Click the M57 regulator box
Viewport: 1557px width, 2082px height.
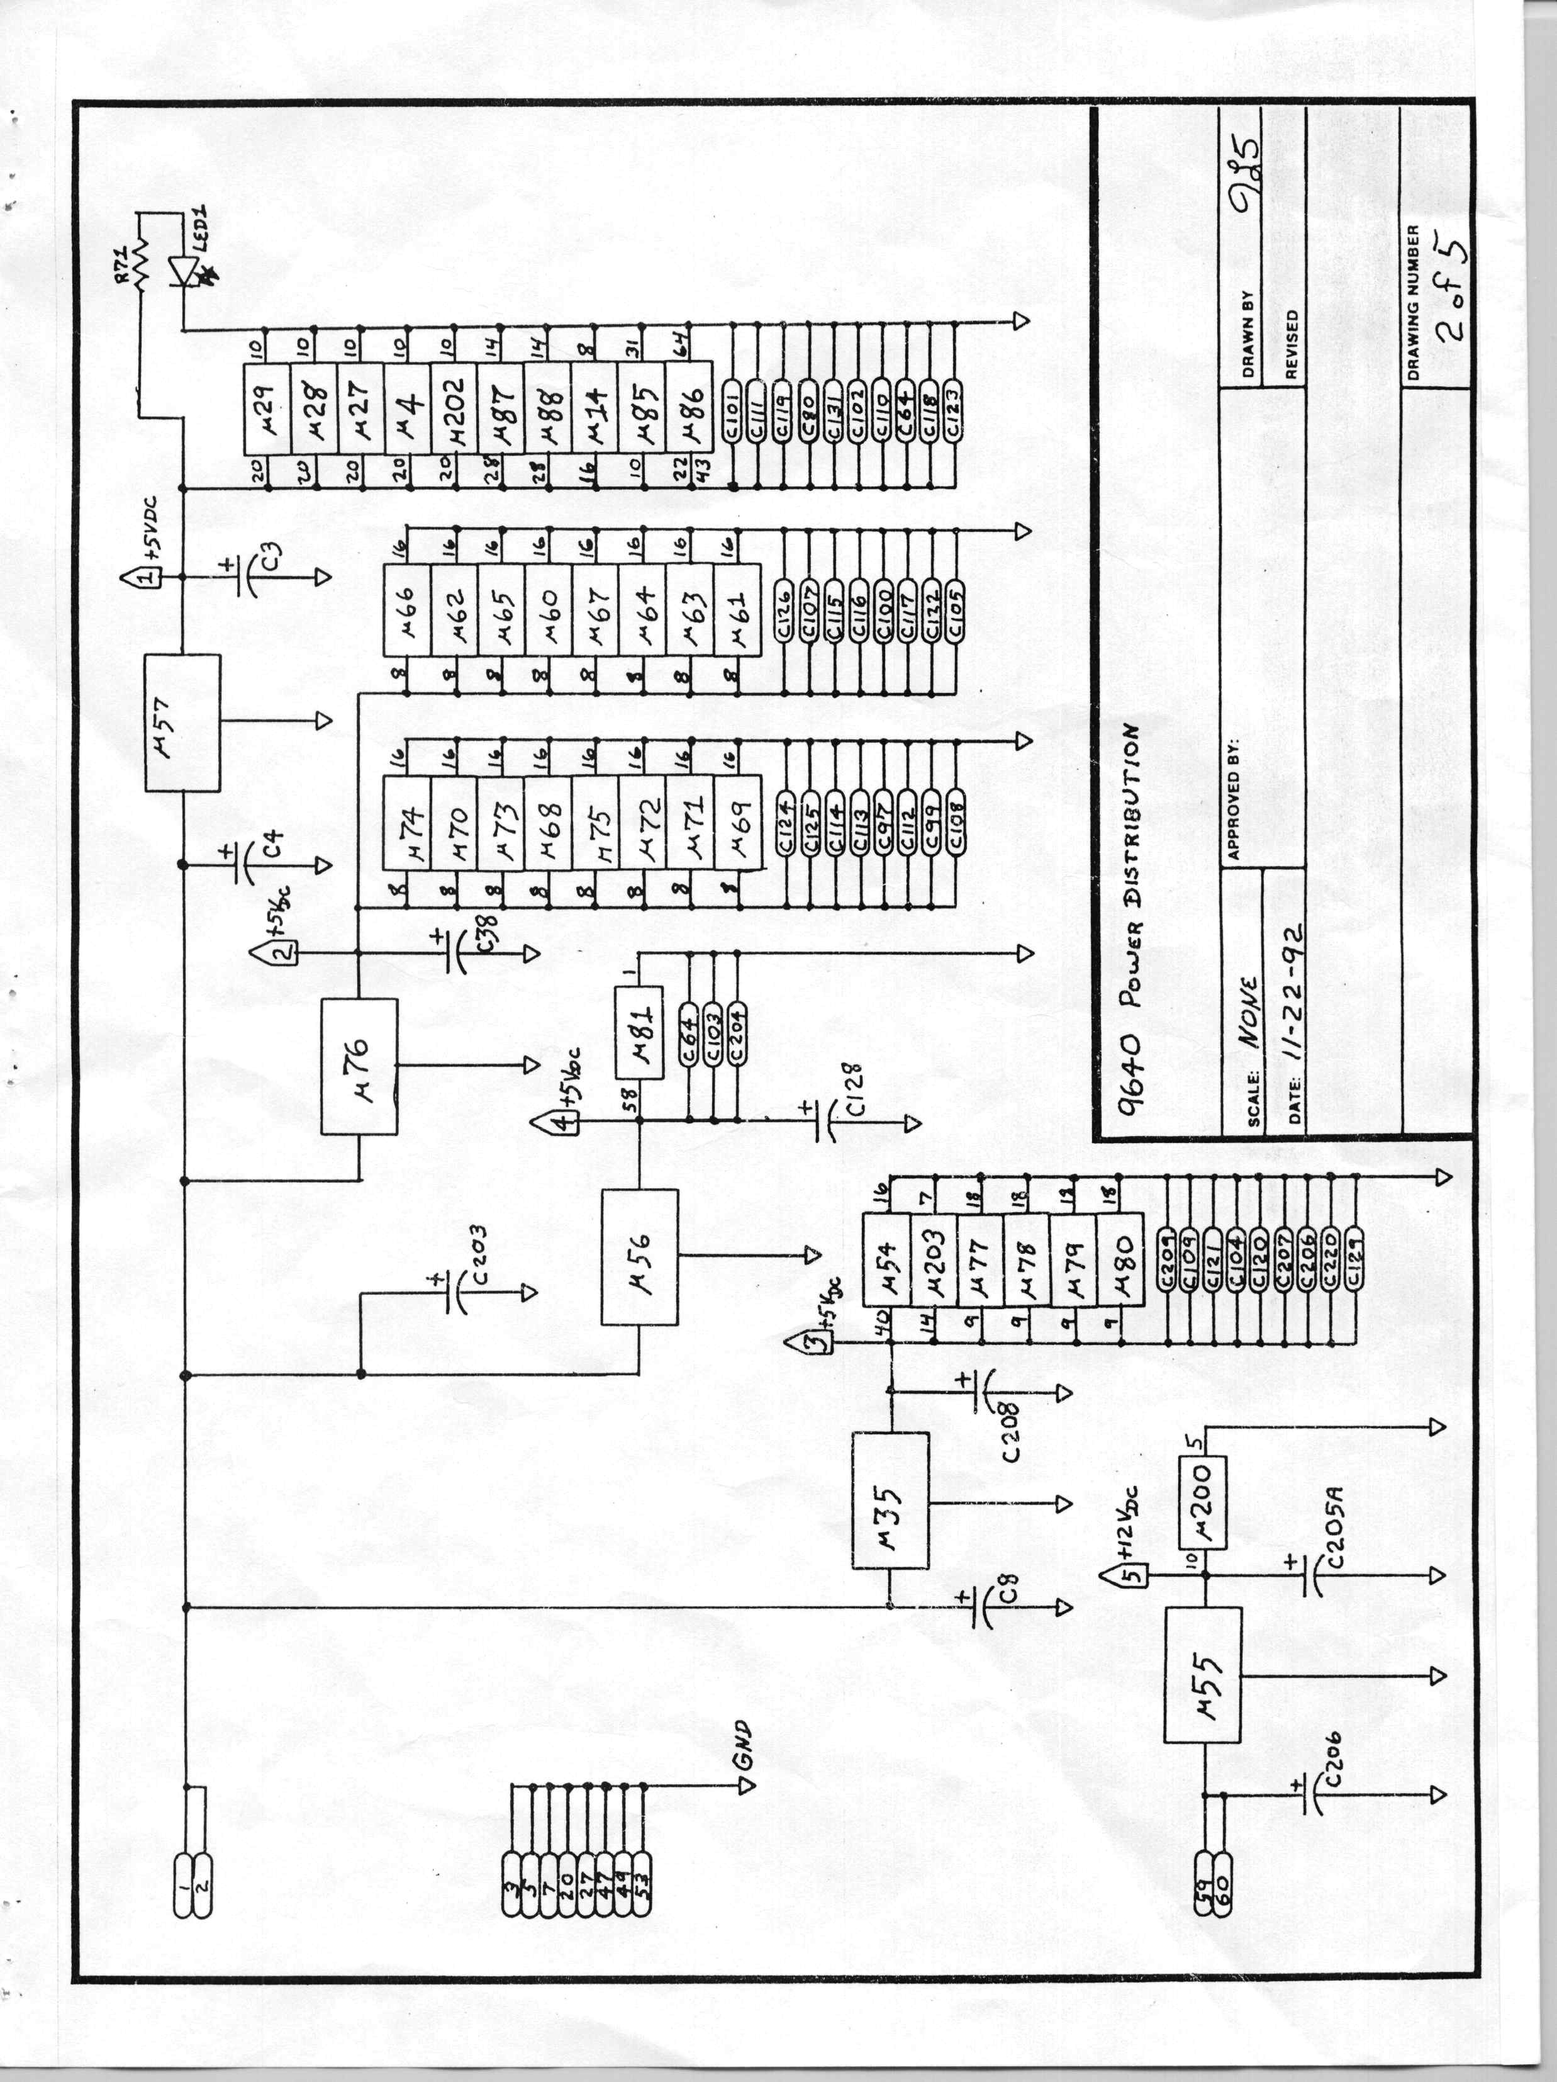[x=182, y=723]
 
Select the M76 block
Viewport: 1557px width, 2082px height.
[x=359, y=1066]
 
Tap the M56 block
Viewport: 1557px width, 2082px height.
[x=640, y=1258]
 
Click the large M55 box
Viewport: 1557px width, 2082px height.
[x=1202, y=1675]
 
